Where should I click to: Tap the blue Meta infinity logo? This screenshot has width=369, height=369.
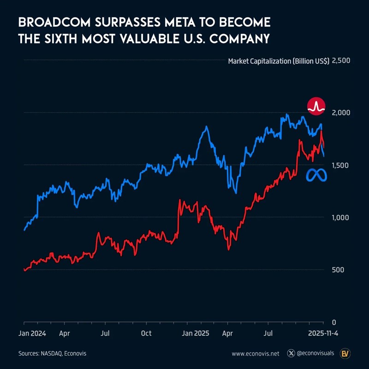click(317, 175)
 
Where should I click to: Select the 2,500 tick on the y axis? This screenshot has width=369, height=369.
click(341, 61)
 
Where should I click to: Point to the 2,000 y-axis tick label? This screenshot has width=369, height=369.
click(341, 113)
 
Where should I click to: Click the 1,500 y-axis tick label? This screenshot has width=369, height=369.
click(341, 165)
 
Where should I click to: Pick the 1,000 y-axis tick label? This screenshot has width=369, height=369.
click(341, 217)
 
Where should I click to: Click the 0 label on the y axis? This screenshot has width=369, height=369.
click(334, 322)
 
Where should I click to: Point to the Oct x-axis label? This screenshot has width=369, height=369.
click(146, 333)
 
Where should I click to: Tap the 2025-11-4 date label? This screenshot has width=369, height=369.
click(323, 333)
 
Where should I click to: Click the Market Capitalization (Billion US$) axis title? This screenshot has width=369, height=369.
click(279, 61)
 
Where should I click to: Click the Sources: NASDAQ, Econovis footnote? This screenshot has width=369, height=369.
click(52, 353)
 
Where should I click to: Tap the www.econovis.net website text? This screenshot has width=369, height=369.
click(256, 354)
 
